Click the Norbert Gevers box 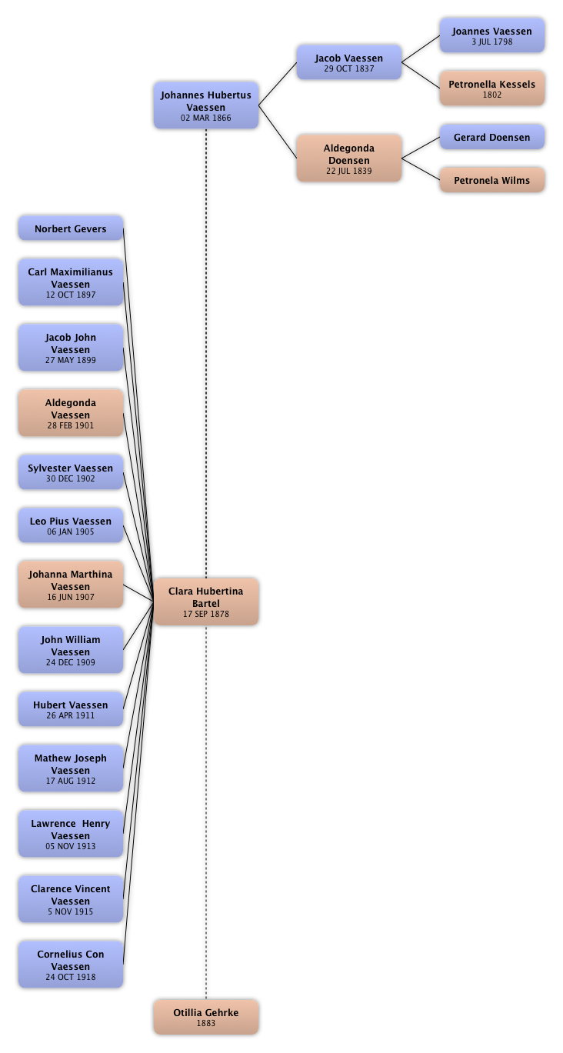(70, 228)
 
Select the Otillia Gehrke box (206, 1017)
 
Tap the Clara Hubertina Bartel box (206, 601)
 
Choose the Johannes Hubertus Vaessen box (206, 105)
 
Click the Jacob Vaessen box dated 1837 (349, 63)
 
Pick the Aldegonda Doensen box (349, 158)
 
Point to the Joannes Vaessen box (492, 35)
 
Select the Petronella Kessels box (492, 88)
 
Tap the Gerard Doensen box (492, 138)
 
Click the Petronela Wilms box (492, 181)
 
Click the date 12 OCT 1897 (71, 295)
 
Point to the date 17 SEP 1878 (206, 614)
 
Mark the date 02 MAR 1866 (206, 118)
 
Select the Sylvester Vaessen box (70, 472)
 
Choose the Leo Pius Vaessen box (70, 525)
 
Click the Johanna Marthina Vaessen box (70, 585)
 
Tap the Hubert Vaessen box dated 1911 (70, 709)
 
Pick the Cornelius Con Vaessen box (70, 965)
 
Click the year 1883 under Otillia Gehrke (206, 1024)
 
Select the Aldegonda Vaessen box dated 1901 (70, 413)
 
